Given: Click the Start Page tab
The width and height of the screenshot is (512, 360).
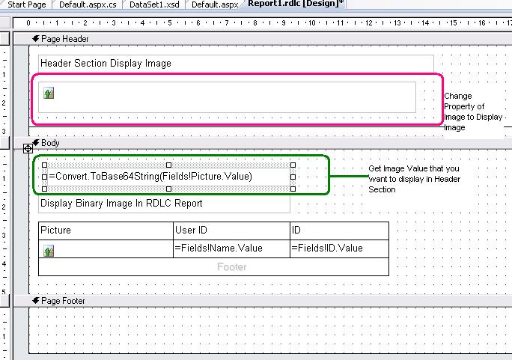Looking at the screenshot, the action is coord(26,4).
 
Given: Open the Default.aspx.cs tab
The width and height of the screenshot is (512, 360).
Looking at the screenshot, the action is coord(88,4).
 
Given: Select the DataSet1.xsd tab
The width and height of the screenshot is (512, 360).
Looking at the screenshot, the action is coord(154,4).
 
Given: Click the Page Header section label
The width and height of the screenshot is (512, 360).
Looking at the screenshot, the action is coord(65,39).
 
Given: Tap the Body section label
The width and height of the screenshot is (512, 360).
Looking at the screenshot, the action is coord(50,143).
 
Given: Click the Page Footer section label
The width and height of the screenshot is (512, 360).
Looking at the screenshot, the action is coord(63,301).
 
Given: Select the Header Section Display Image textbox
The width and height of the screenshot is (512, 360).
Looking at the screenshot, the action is coord(236,64).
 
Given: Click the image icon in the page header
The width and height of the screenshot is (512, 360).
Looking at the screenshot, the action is coord(49,93).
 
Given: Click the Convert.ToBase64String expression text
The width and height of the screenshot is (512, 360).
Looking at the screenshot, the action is coord(150,177).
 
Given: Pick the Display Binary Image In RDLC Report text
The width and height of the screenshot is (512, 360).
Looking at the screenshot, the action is coord(121,204).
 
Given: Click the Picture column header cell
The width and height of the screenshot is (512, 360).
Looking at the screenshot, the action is coord(106,231).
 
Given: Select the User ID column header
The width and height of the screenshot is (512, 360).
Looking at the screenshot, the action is coord(231,231).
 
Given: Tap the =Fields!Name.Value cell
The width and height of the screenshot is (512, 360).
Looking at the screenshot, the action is coord(231,248).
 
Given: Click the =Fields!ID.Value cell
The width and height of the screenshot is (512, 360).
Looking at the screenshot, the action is coord(339,248).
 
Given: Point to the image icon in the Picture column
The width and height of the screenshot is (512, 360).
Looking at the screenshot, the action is coord(49,251).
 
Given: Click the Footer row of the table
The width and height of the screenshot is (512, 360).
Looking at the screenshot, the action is coord(213,267).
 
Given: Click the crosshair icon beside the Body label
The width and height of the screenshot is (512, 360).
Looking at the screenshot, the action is coord(28,149).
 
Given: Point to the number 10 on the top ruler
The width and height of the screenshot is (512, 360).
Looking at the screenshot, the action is coord(312,23).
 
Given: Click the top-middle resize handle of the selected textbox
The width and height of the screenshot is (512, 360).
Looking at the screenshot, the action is coord(169,165).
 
